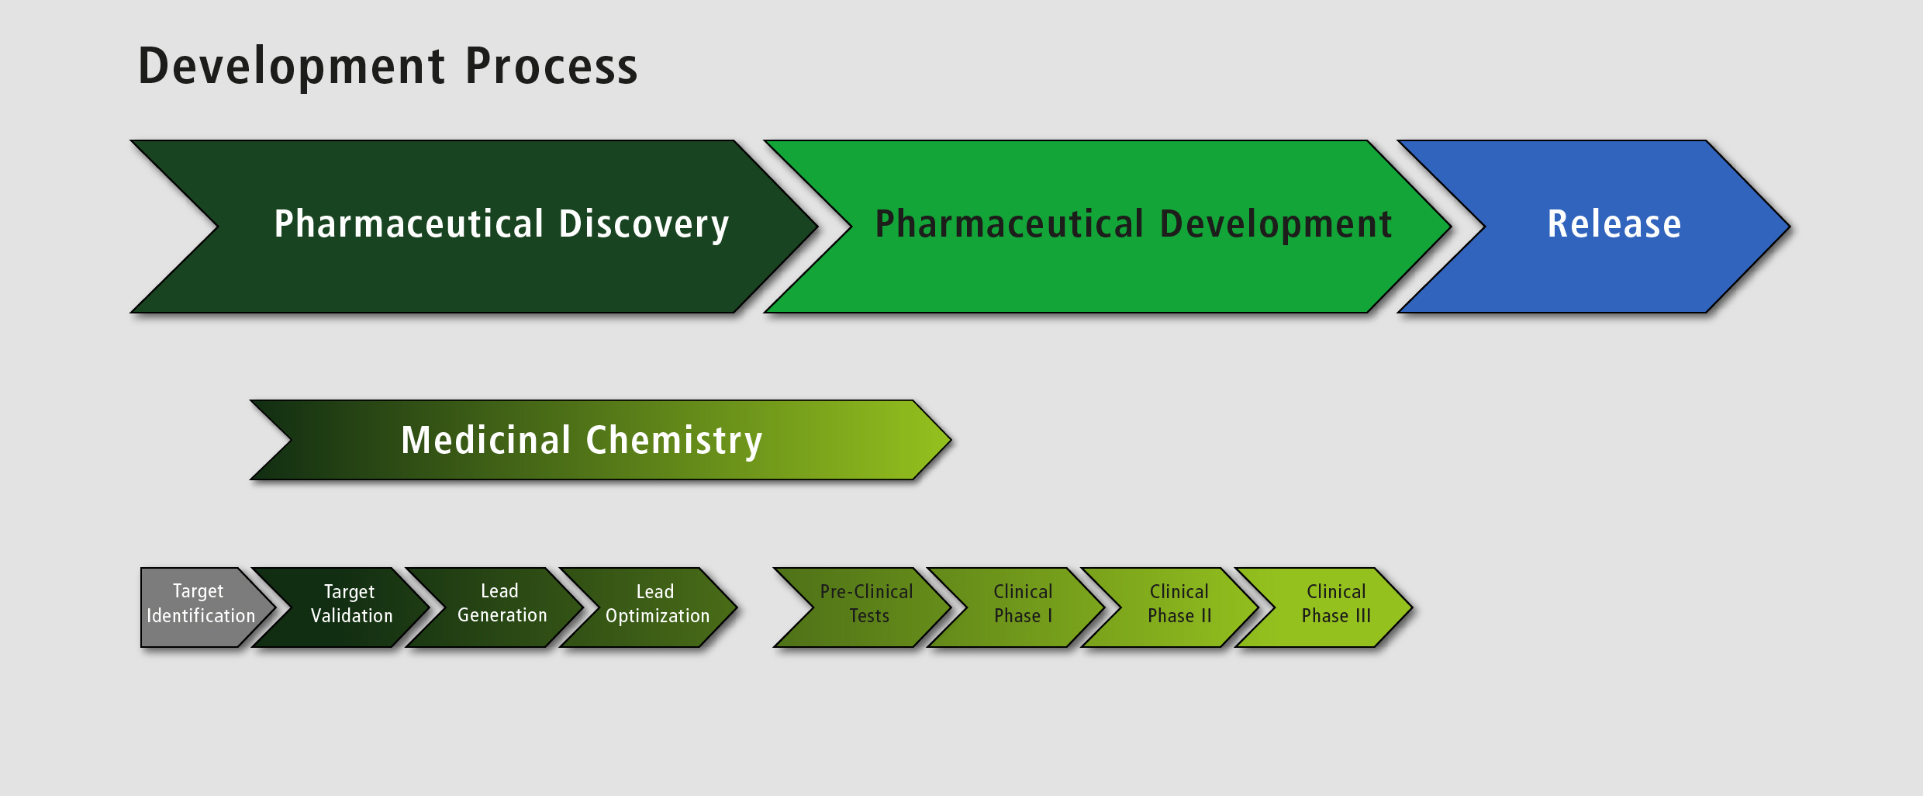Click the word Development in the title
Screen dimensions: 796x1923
[x=292, y=67]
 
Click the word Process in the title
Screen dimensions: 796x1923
[x=551, y=67]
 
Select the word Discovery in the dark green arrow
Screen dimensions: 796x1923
[x=644, y=224]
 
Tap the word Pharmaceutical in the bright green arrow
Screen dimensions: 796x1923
[x=1009, y=224]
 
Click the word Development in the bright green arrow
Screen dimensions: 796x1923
[x=1276, y=224]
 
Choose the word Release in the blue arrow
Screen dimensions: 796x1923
[x=1614, y=224]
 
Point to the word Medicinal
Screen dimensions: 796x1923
[x=486, y=440]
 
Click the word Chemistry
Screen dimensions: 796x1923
[x=674, y=440]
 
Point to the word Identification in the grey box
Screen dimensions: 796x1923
[x=201, y=616]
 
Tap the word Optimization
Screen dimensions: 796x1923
[x=658, y=616]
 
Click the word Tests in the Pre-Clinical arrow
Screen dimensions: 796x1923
[x=869, y=616]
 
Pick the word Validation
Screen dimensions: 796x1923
[x=352, y=616]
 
